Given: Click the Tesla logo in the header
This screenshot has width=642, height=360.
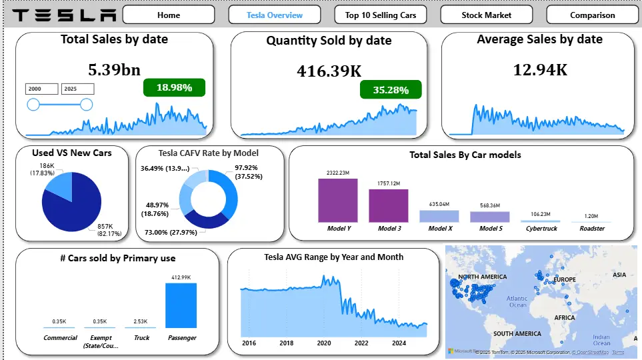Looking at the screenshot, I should click(64, 15).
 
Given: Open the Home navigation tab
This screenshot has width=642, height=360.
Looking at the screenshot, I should click(169, 15).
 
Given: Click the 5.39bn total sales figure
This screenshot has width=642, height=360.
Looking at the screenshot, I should click(114, 69).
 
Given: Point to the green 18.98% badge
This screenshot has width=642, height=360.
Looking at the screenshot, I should click(174, 87).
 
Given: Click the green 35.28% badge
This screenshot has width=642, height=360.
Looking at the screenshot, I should click(391, 89).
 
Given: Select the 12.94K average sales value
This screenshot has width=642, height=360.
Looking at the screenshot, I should click(540, 69).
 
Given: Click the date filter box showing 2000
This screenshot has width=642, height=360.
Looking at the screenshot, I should click(42, 89).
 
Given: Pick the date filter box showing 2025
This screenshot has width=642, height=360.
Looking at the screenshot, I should click(77, 89).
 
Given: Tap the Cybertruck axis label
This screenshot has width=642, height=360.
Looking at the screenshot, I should click(541, 229).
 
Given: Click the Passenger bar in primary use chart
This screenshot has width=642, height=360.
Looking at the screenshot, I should click(181, 305).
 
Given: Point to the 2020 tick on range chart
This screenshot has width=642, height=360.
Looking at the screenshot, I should click(323, 343).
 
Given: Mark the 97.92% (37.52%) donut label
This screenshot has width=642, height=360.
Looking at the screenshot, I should click(248, 172).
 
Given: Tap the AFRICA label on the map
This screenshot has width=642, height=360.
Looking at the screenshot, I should click(564, 318).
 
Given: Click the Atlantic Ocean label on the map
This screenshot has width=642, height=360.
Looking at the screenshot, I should click(517, 301).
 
